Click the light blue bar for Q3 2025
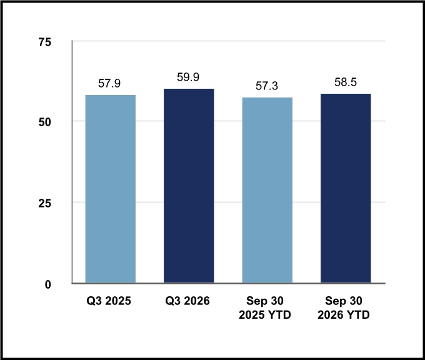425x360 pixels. point(111,189)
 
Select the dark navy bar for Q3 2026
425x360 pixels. point(189,186)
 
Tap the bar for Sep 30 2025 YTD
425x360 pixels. point(267,190)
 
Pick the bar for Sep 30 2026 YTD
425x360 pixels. point(346,188)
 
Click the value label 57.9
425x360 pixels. point(109,84)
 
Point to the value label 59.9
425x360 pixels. point(188,77)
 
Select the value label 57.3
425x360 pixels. point(267,86)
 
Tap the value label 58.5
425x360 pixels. point(345,82)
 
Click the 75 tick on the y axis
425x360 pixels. point(45,42)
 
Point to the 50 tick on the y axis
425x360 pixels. point(45,122)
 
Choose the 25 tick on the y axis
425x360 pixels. point(45,203)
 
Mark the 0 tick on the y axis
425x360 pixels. point(48,284)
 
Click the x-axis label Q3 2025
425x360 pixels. point(109,301)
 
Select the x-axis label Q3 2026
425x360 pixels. point(187,301)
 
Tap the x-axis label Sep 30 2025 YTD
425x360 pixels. point(265,307)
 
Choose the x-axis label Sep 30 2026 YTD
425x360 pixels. point(344,307)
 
